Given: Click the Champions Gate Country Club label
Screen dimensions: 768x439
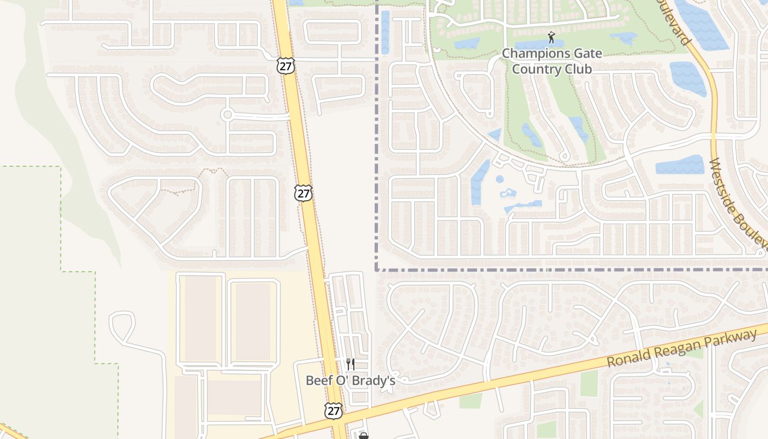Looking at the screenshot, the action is click(552, 61).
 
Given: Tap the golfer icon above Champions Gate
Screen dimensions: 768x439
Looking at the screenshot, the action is click(551, 37).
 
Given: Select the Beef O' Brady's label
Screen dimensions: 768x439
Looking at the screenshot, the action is click(350, 380).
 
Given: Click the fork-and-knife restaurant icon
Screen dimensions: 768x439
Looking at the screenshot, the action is click(350, 364).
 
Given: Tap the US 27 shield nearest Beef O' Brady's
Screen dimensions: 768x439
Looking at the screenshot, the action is click(333, 410).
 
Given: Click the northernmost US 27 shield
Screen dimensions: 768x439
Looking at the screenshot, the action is click(286, 65).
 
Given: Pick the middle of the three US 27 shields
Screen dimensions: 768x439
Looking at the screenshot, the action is click(303, 193).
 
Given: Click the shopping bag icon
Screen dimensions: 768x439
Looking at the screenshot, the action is click(363, 436).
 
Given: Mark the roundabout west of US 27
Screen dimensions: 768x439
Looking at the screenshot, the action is click(227, 115).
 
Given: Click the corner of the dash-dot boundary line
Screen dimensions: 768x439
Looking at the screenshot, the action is click(377, 269).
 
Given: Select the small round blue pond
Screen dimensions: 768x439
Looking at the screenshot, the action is click(499, 179).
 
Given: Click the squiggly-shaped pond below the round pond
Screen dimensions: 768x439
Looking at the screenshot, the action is click(507, 193).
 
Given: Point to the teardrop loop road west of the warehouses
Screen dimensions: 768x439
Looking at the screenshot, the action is click(122, 323).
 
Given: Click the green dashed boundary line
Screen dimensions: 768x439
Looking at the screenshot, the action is click(60, 219).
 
